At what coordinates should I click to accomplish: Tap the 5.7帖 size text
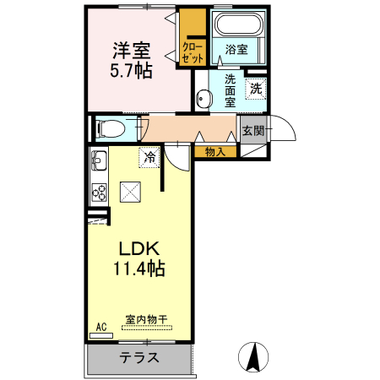pyautogui.click(x=132, y=71)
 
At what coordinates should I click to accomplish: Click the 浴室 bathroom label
pyautogui.click(x=236, y=50)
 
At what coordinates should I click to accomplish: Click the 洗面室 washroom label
pyautogui.click(x=231, y=91)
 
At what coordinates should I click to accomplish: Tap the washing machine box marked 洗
pyautogui.click(x=255, y=86)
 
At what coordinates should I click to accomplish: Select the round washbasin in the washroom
pyautogui.click(x=202, y=99)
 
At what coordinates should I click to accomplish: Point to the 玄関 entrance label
pyautogui.click(x=252, y=130)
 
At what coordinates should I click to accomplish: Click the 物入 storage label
pyautogui.click(x=214, y=152)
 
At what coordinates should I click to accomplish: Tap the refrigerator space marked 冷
pyautogui.click(x=149, y=156)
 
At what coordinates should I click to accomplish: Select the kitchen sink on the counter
pyautogui.click(x=97, y=160)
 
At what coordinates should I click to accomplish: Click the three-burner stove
pyautogui.click(x=98, y=192)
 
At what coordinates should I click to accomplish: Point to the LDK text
pyautogui.click(x=138, y=250)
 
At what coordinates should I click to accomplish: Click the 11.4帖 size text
pyautogui.click(x=138, y=270)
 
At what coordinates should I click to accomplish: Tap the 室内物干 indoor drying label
pyautogui.click(x=144, y=319)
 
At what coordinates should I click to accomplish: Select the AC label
pyautogui.click(x=100, y=327)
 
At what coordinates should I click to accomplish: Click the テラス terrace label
pyautogui.click(x=138, y=356)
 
